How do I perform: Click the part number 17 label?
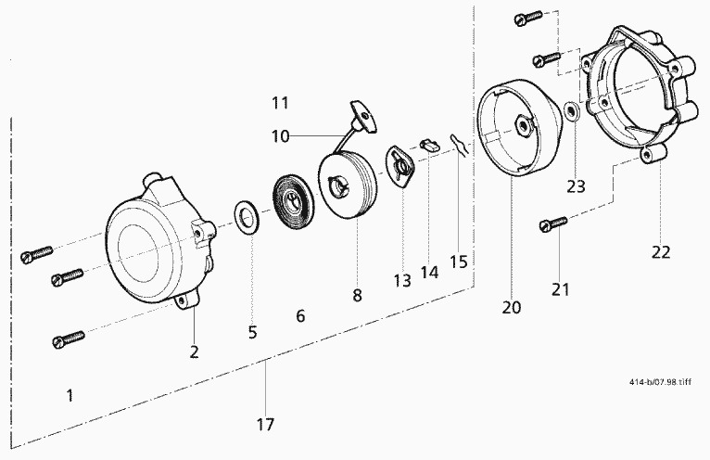pyautogui.click(x=265, y=425)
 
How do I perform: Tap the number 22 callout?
pyautogui.click(x=661, y=252)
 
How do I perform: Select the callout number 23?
pyautogui.click(x=576, y=186)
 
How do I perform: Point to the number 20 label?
pyautogui.click(x=512, y=307)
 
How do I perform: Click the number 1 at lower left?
pyautogui.click(x=70, y=396)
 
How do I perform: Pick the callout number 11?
pyautogui.click(x=280, y=103)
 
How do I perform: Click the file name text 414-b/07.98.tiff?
pyautogui.click(x=660, y=381)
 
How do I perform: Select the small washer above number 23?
pyautogui.click(x=572, y=111)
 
